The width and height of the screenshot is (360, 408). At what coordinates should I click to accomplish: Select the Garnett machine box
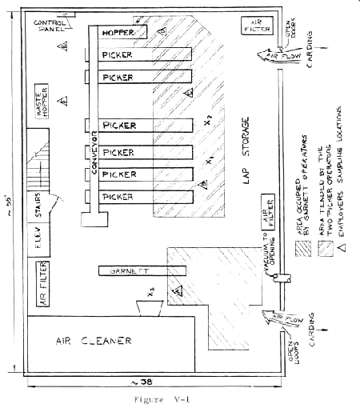point(130,271)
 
